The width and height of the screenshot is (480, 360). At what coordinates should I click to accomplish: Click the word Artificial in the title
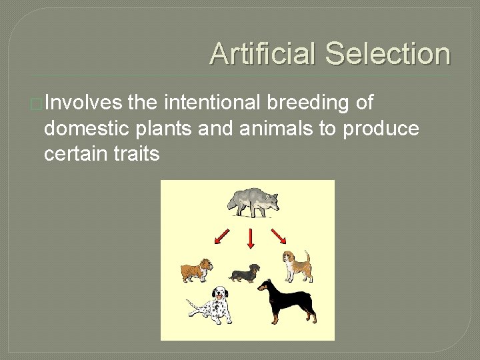263,54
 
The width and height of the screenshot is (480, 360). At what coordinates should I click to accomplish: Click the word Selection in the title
388,54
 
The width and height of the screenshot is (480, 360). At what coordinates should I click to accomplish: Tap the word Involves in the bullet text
83,103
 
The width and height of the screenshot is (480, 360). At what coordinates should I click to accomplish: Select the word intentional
212,103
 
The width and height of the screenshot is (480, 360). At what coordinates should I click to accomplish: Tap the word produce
381,129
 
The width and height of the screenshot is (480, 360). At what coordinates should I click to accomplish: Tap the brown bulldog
196,270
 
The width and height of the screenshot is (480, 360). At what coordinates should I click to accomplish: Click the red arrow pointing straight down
251,239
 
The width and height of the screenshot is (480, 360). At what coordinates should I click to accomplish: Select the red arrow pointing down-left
221,237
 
